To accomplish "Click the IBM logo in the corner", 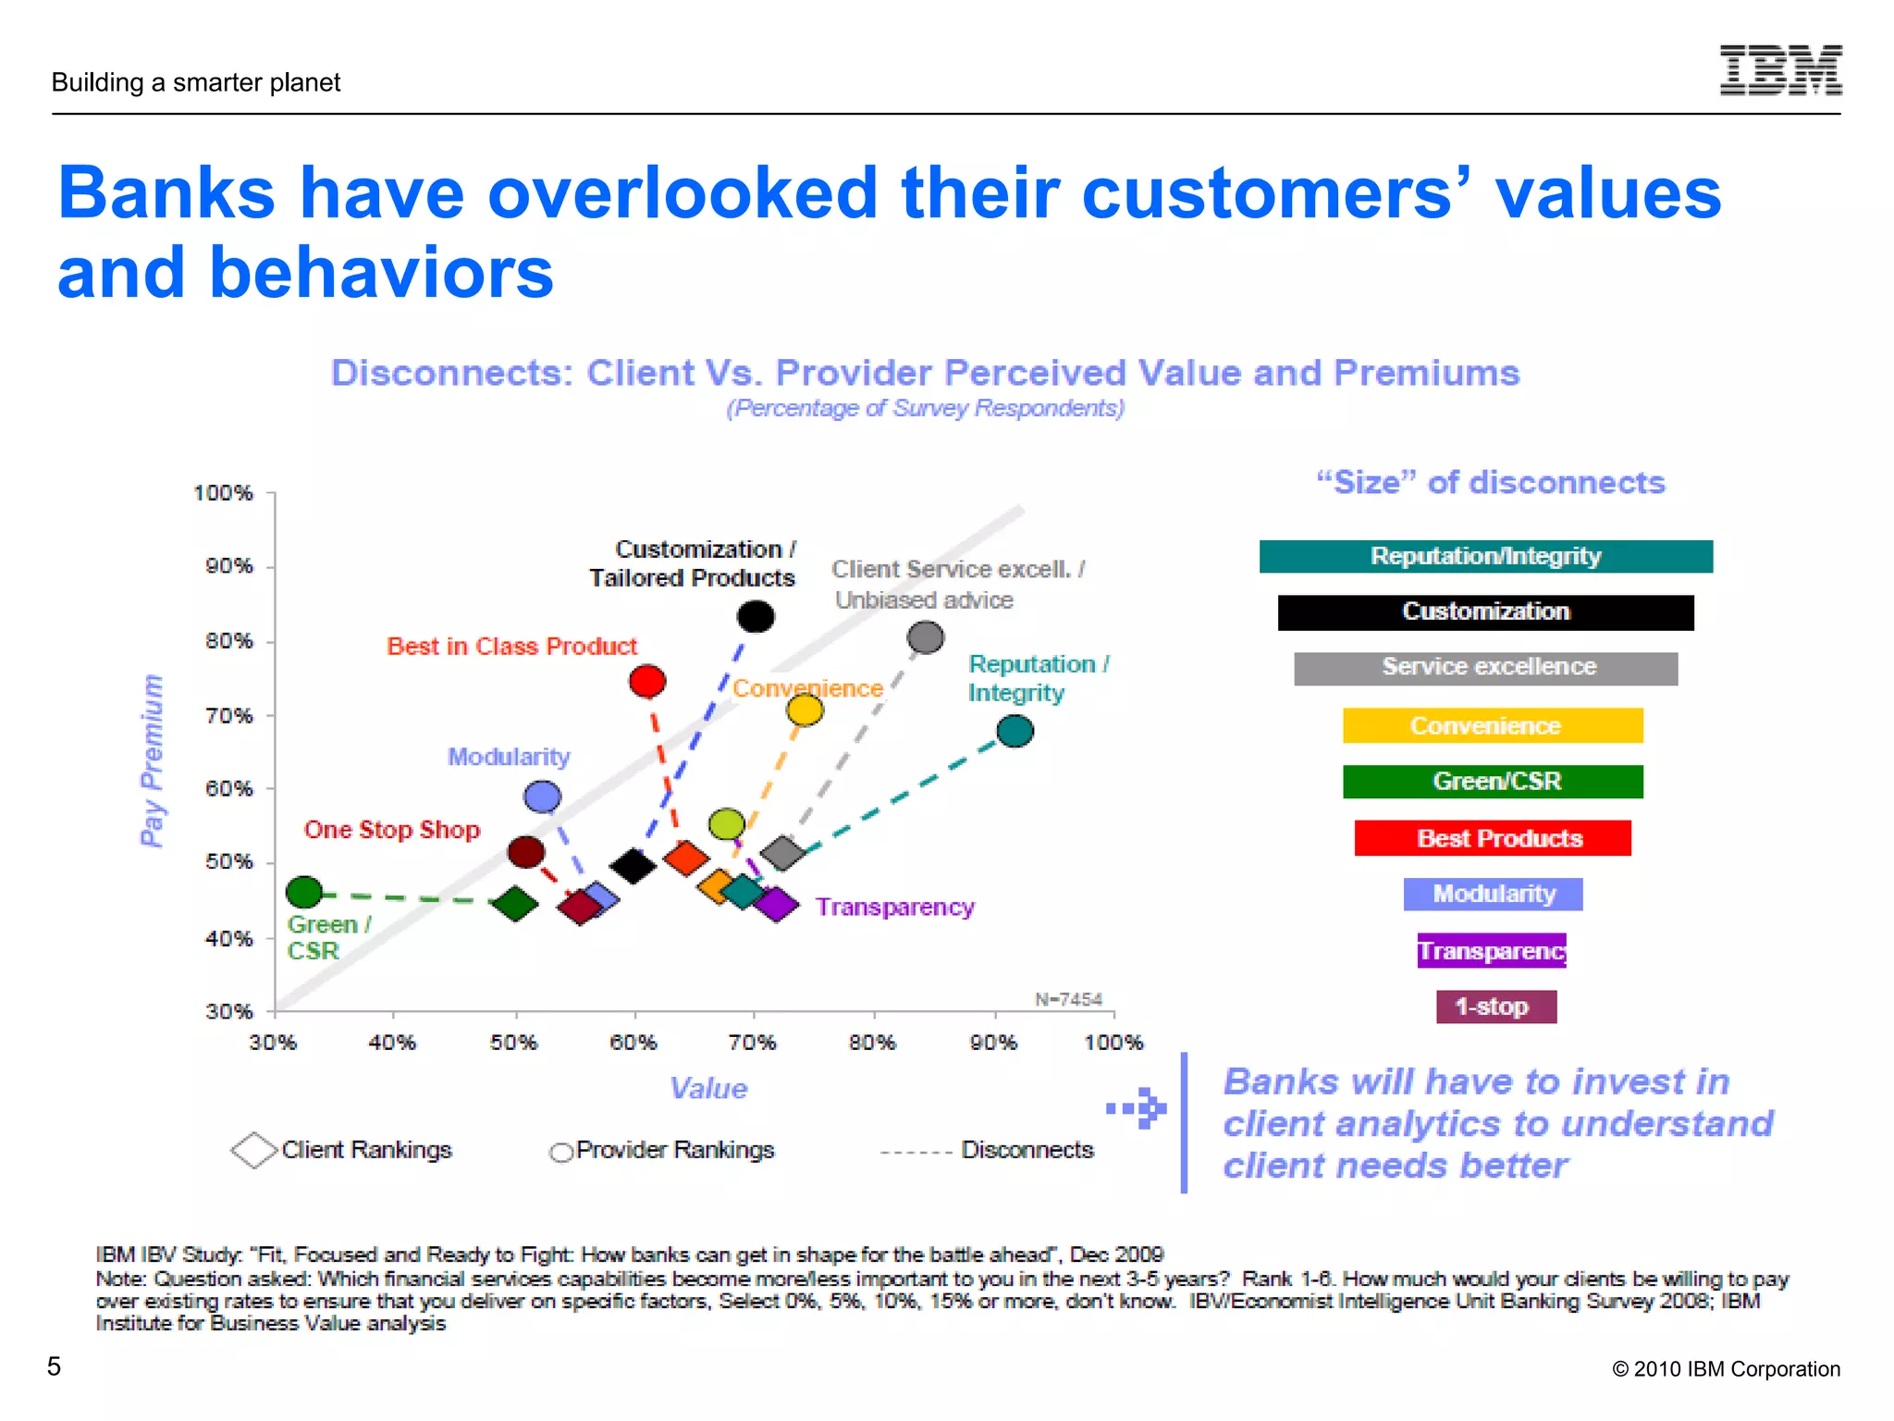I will coord(1780,70).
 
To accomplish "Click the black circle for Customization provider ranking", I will coord(756,616).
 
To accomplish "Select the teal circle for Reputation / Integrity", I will coord(1015,732).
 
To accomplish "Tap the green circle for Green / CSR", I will coord(304,892).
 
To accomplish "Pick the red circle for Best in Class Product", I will coord(647,682).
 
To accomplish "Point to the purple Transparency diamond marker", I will coord(777,904).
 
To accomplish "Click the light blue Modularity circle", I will coord(542,797).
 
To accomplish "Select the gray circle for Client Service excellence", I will coord(925,637).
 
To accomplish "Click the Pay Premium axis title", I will coord(152,760).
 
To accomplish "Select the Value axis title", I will coord(708,1088).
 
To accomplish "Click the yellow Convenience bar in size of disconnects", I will coord(1492,725).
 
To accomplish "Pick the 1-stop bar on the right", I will coord(1495,1007).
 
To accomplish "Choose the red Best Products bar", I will coord(1492,838).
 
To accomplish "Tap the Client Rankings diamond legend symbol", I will coord(254,1150).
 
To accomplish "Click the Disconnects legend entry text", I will coord(1027,1150).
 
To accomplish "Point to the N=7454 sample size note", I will coord(1068,999).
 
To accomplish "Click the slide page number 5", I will coord(55,1366).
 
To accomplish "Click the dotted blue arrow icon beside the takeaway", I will coord(1138,1107).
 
